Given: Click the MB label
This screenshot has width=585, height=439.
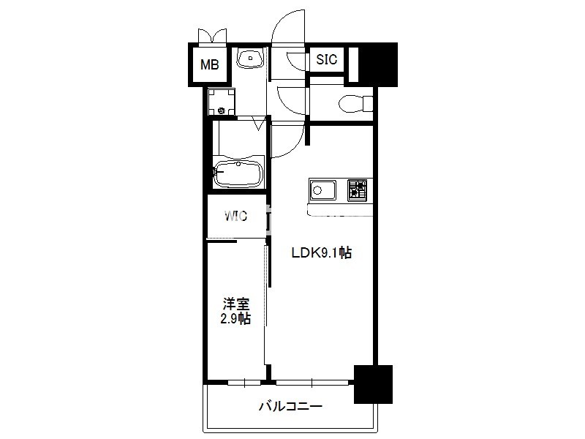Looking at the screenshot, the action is (x=209, y=64).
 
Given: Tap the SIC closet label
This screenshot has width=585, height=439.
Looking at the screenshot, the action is (x=326, y=59).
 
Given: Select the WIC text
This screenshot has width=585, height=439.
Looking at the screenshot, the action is (x=235, y=216).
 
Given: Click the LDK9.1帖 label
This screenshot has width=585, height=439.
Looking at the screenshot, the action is (x=321, y=253).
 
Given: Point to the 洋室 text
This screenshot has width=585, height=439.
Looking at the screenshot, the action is (x=236, y=304).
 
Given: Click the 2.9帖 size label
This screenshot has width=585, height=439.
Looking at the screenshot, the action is (x=235, y=319).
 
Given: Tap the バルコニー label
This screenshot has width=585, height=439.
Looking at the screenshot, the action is (x=290, y=406).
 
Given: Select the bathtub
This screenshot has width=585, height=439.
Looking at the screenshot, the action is (x=238, y=174).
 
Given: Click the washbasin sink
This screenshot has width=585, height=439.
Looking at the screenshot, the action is (x=251, y=59).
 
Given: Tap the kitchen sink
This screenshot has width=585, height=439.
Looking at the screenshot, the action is (x=322, y=190).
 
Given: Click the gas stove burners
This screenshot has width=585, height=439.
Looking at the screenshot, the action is (x=357, y=190).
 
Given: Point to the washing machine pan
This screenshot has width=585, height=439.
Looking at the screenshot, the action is (x=222, y=102).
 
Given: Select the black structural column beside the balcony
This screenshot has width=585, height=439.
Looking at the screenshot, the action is (x=373, y=384).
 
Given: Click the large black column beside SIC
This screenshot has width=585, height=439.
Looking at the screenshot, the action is (x=377, y=64).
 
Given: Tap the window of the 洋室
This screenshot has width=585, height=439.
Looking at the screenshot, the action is (x=244, y=382).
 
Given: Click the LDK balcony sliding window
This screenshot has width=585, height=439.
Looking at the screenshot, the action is (x=313, y=382).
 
